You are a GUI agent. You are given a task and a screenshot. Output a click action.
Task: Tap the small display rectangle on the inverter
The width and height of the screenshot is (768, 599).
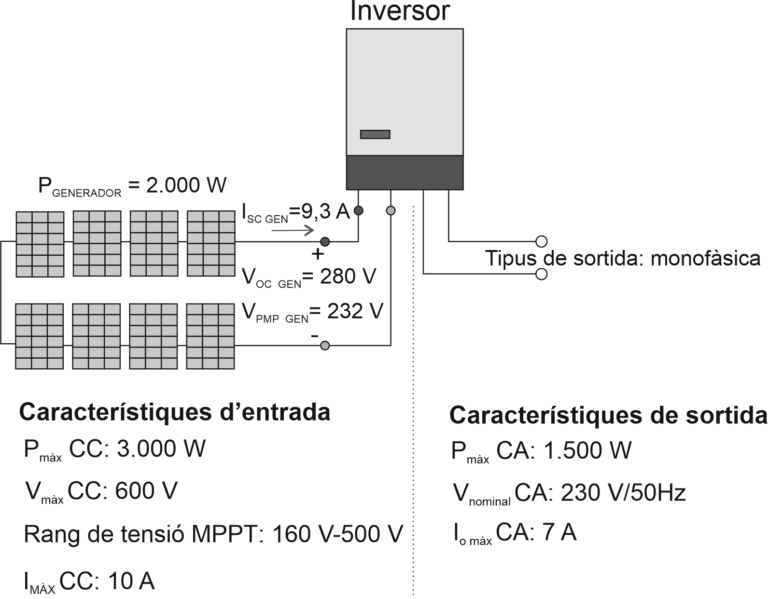point(375,134)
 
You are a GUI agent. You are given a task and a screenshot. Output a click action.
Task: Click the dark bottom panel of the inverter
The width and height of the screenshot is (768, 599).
point(405,172)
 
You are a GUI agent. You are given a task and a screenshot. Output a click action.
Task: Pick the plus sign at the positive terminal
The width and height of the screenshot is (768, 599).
point(318,254)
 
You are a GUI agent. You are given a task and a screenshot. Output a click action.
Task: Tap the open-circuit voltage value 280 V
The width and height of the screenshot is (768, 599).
point(341,277)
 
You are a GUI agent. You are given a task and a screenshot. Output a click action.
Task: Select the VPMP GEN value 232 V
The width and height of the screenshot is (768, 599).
point(355,311)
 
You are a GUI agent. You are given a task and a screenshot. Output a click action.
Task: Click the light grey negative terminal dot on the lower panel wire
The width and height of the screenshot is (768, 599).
point(325,346)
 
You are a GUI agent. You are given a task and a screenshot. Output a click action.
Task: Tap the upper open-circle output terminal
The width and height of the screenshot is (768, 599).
point(542,241)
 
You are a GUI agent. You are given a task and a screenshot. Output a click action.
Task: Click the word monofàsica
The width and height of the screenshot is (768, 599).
point(706,259)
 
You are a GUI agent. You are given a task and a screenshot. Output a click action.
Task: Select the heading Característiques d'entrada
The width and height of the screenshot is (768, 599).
point(175,413)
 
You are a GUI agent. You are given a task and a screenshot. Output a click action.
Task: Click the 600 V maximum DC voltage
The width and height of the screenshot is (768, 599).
point(146,491)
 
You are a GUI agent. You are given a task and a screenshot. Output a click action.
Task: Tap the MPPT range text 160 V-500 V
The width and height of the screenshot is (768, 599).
point(337,534)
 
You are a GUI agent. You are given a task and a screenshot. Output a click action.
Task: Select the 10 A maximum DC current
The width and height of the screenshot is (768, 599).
point(132,581)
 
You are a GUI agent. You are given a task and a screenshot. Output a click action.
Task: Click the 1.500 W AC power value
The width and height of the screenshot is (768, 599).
point(587,451)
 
